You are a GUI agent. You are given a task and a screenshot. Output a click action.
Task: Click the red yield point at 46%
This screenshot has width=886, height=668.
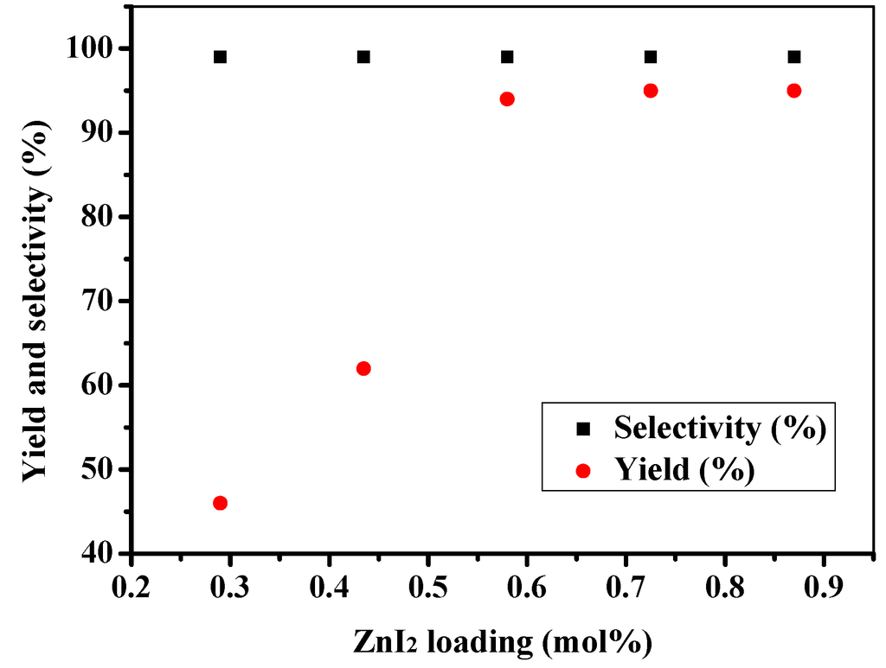pyautogui.click(x=220, y=503)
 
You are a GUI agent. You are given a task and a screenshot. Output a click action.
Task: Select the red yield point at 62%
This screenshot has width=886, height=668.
pyautogui.click(x=363, y=368)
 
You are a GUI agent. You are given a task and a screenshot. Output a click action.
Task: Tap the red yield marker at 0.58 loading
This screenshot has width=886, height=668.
pyautogui.click(x=507, y=99)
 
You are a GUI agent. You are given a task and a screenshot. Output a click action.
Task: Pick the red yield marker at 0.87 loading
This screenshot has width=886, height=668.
pyautogui.click(x=794, y=91)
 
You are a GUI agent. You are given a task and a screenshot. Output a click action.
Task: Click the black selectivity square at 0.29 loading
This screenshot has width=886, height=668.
pyautogui.click(x=220, y=57)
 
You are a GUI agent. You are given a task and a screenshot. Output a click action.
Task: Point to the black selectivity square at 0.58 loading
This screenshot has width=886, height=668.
pyautogui.click(x=507, y=57)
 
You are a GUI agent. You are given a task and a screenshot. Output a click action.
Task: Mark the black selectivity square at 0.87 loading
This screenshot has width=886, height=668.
pyautogui.click(x=794, y=57)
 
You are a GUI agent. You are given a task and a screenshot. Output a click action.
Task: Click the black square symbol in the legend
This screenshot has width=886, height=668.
pyautogui.click(x=582, y=428)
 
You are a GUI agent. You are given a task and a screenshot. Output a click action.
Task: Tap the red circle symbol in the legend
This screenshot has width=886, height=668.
pyautogui.click(x=582, y=470)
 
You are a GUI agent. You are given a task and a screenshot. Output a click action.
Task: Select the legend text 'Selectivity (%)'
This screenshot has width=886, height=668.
pyautogui.click(x=718, y=427)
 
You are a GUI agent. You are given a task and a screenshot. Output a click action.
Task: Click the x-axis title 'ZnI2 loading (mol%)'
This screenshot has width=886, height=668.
pyautogui.click(x=502, y=642)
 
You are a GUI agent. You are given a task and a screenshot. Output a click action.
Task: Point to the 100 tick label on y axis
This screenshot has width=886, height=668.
pyautogui.click(x=94, y=48)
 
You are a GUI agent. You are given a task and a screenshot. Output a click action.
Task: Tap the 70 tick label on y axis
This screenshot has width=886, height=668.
pyautogui.click(x=102, y=301)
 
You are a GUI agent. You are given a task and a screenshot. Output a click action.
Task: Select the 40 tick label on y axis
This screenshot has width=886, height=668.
pyautogui.click(x=102, y=553)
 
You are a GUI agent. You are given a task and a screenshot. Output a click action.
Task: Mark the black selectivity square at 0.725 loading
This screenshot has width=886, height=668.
pyautogui.click(x=651, y=57)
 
